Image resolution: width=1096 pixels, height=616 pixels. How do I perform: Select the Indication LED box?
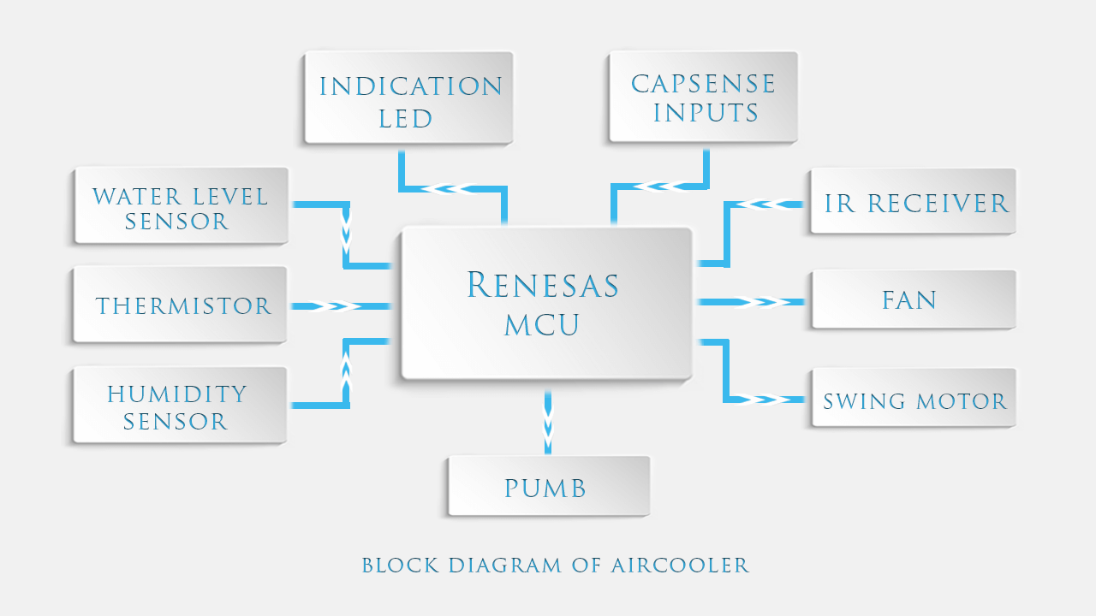[x=408, y=98]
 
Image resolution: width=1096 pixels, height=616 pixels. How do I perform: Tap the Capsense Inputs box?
[x=703, y=97]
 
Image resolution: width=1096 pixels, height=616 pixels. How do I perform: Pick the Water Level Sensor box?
[x=181, y=205]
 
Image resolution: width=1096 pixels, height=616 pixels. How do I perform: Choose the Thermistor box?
[x=180, y=305]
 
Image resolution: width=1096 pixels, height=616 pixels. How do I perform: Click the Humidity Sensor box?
[x=179, y=406]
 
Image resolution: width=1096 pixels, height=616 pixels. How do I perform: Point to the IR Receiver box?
[x=913, y=201]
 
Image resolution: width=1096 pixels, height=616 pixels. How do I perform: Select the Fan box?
[x=913, y=299]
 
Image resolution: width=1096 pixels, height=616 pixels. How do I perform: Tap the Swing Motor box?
[x=913, y=399]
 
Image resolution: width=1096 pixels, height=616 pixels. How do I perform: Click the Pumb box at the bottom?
[x=548, y=486]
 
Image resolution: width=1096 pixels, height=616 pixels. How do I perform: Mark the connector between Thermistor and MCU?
[x=340, y=305]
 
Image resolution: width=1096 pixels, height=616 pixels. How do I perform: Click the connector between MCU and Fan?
[x=752, y=302]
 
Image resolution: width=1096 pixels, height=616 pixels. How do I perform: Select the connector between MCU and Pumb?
[x=548, y=423]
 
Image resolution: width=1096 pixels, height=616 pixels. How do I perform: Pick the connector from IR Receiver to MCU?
[x=753, y=204]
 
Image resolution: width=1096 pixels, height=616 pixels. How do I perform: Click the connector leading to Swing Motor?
[x=753, y=399]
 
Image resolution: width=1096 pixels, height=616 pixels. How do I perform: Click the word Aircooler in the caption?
[x=680, y=566]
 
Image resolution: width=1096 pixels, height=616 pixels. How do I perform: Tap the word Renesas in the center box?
[x=543, y=286]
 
